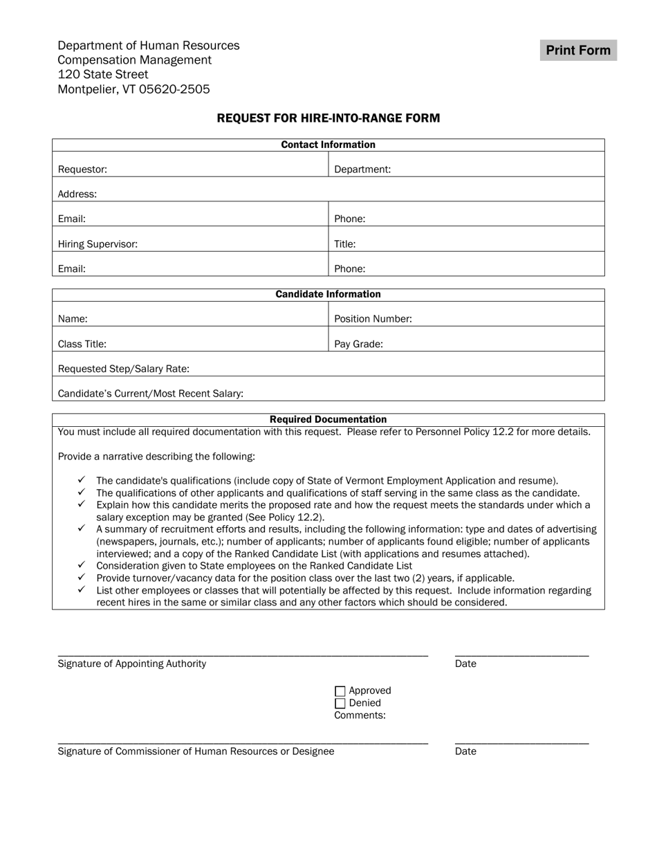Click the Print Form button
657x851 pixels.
coord(578,51)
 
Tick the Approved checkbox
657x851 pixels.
coord(340,691)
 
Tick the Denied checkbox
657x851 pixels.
coord(340,704)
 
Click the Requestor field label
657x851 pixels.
coord(82,170)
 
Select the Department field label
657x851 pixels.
coord(362,170)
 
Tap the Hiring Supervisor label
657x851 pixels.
coord(98,244)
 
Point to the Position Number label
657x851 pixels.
coord(373,319)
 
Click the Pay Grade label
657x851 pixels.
coord(358,344)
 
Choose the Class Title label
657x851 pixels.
coord(82,344)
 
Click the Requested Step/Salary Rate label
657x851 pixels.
coord(123,369)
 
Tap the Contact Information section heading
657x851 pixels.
coord(328,145)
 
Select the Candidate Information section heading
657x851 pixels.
coord(328,294)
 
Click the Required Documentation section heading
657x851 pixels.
coord(328,419)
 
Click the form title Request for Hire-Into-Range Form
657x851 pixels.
coord(328,118)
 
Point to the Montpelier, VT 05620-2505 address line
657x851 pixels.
coord(133,89)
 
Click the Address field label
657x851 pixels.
coord(77,194)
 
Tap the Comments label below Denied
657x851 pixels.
coord(360,715)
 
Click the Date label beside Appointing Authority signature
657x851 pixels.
coord(465,664)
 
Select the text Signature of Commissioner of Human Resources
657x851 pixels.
coord(196,751)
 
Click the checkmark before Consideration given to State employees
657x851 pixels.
coord(82,565)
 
